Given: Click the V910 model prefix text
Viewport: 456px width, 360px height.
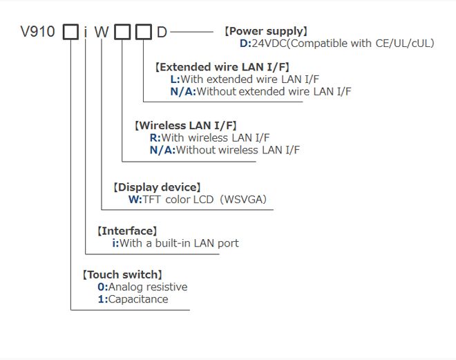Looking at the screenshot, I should (x=38, y=32).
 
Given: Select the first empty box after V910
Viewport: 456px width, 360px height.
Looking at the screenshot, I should (x=70, y=32).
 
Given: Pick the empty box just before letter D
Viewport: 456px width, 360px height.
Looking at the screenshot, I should (x=143, y=32).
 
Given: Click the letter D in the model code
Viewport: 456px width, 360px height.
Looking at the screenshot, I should (x=161, y=32).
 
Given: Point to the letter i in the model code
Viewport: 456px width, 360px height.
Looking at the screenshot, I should (x=85, y=32).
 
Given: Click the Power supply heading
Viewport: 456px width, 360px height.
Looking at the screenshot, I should (x=266, y=31).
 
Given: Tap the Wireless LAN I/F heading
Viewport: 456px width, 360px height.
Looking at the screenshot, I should (x=187, y=125).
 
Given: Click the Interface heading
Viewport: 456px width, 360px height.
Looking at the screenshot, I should (x=127, y=231).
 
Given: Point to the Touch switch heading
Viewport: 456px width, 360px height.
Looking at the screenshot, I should (x=122, y=274).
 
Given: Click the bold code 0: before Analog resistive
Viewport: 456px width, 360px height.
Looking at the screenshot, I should (x=102, y=287).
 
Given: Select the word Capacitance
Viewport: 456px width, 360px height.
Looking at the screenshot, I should (x=138, y=299).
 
